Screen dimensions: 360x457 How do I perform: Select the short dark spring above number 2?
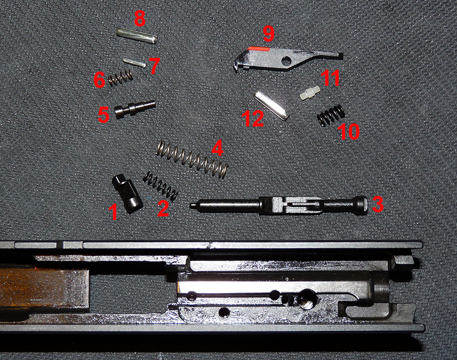point(160,185)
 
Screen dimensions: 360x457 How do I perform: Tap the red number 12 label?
point(253,119)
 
